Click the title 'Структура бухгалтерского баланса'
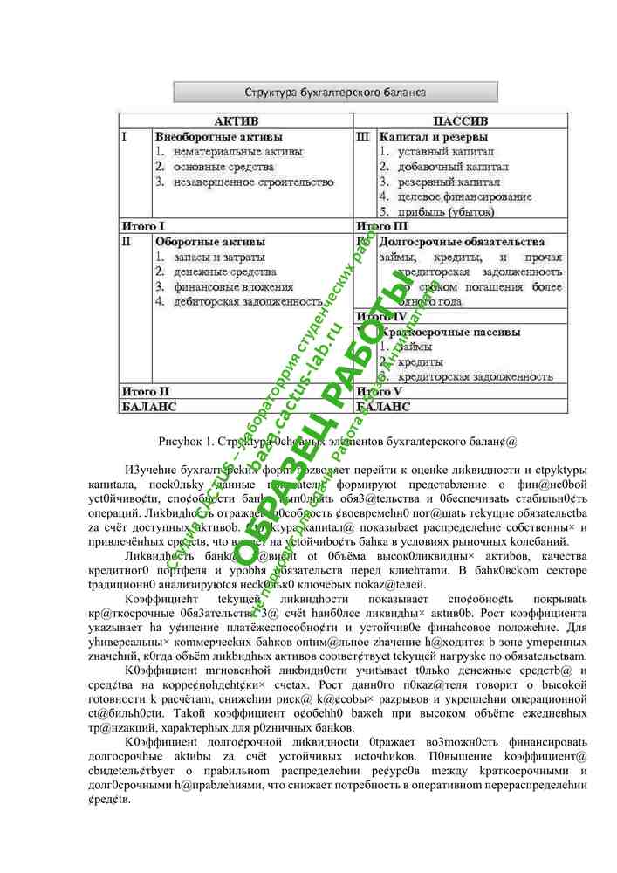tap(335, 92)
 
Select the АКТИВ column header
tap(236, 121)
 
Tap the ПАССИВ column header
tap(460, 121)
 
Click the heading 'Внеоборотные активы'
tap(218, 137)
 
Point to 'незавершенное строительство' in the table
tap(253, 182)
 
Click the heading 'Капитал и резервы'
tap(434, 137)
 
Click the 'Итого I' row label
tap(143, 226)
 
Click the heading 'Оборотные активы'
tap(210, 242)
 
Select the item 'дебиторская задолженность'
tap(248, 302)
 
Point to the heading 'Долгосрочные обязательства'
tap(462, 242)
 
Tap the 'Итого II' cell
tap(145, 392)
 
